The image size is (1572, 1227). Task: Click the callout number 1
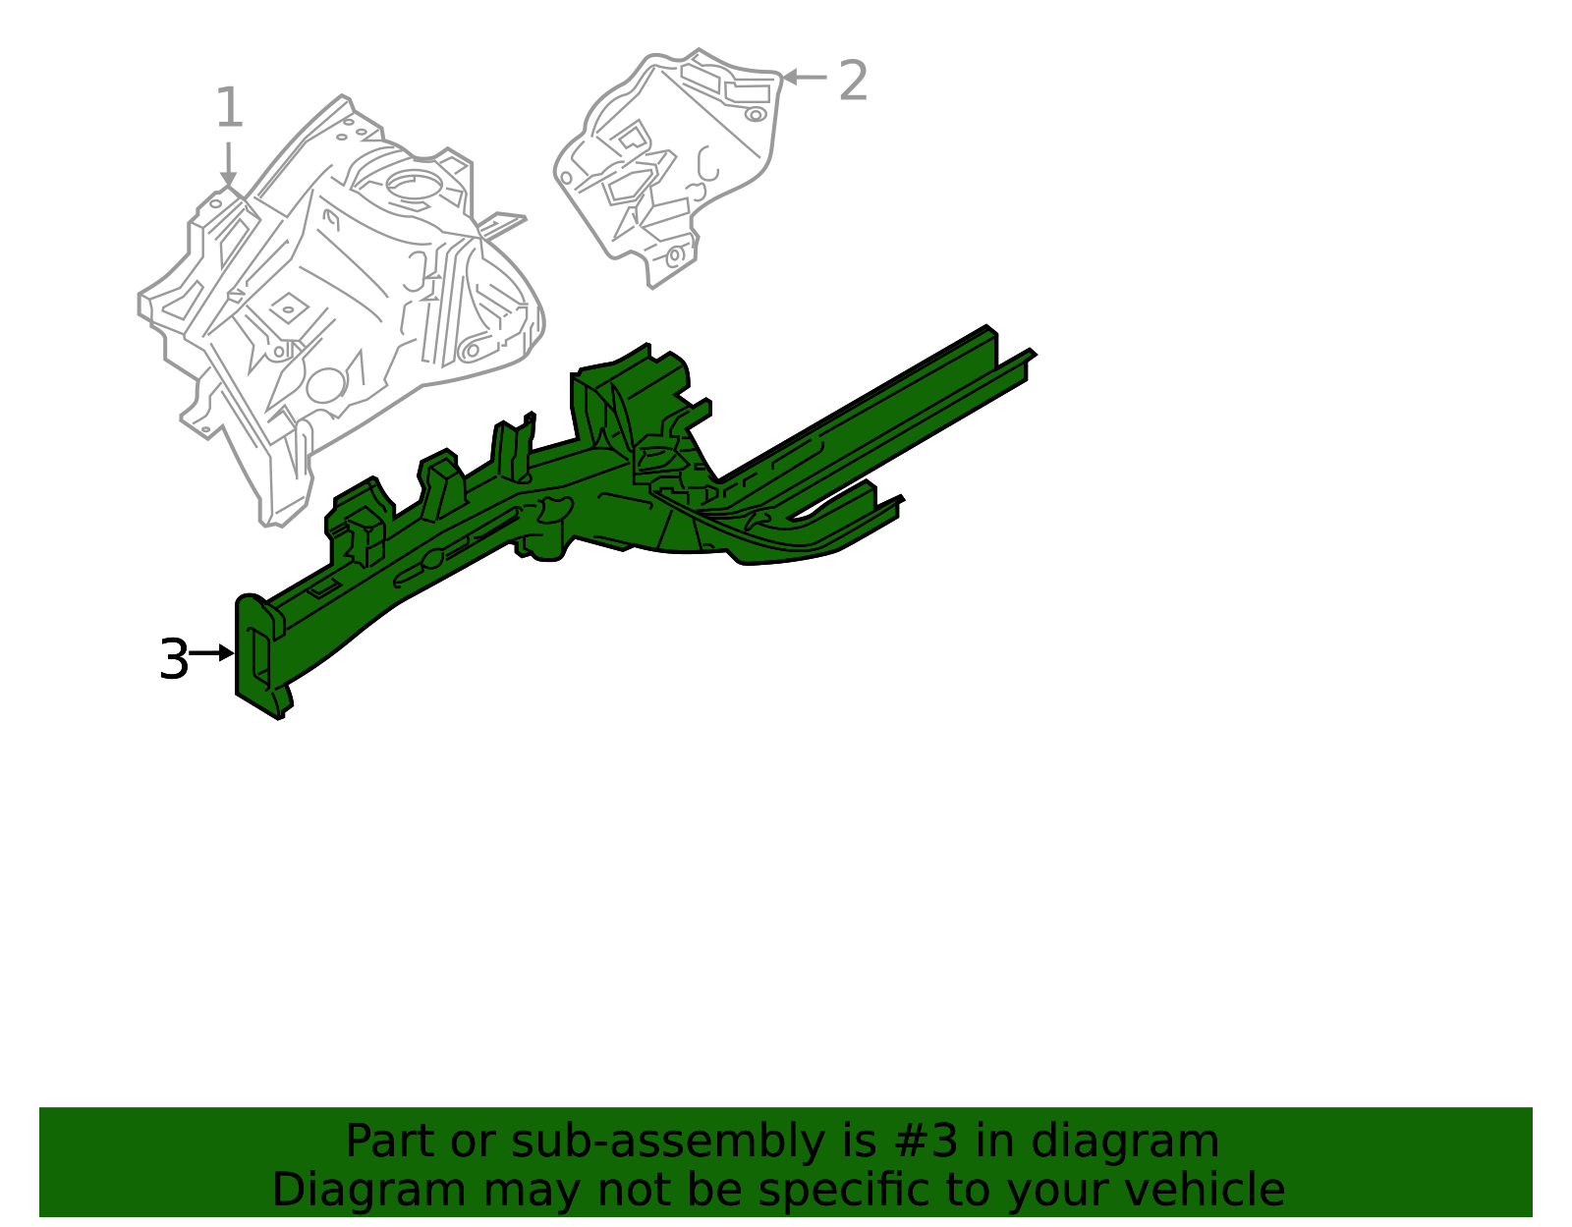click(229, 108)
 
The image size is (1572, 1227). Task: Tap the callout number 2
click(853, 81)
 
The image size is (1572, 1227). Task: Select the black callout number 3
click(173, 659)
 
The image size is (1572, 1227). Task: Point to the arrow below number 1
click(228, 164)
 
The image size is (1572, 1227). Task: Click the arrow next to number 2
click(805, 77)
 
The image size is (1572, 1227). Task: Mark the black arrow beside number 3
click(210, 652)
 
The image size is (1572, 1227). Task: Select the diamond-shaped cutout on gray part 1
click(287, 308)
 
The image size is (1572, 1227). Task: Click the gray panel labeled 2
click(678, 157)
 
